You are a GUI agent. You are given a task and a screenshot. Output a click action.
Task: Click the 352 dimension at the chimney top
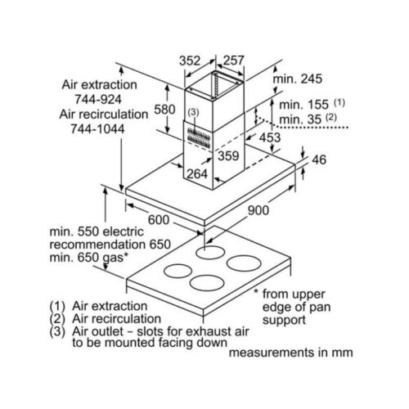tap(190, 61)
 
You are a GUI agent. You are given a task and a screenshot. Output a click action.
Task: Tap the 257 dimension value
tap(233, 61)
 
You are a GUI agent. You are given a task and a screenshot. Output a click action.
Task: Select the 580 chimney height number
tap(164, 110)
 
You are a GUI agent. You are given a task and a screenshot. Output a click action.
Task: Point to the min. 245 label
tap(298, 79)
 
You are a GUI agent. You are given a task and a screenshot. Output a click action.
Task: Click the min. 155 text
tap(304, 105)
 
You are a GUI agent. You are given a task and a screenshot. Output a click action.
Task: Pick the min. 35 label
tap(300, 119)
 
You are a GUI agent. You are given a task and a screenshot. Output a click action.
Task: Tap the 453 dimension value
tap(270, 137)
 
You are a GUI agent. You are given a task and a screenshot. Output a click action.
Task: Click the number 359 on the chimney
tap(228, 155)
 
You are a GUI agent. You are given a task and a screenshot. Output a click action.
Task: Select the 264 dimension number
tap(197, 173)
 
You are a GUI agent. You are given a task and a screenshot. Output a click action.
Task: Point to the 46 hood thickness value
tap(319, 160)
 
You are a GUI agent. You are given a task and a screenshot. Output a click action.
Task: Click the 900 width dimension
tap(258, 210)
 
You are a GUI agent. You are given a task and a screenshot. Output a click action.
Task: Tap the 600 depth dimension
tap(159, 220)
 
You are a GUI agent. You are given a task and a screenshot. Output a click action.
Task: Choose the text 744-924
tap(98, 99)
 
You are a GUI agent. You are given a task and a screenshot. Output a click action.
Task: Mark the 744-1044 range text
tap(97, 128)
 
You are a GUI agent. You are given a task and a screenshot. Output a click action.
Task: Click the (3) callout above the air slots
tap(194, 112)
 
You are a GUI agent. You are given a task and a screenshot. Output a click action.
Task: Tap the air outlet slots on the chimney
tap(198, 136)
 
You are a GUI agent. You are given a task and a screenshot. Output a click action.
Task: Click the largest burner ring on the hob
tap(244, 263)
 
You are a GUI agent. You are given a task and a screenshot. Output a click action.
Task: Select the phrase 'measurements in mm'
tap(291, 353)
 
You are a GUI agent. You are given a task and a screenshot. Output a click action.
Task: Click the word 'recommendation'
tap(98, 244)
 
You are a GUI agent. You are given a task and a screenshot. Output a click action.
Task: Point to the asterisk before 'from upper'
tap(256, 292)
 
